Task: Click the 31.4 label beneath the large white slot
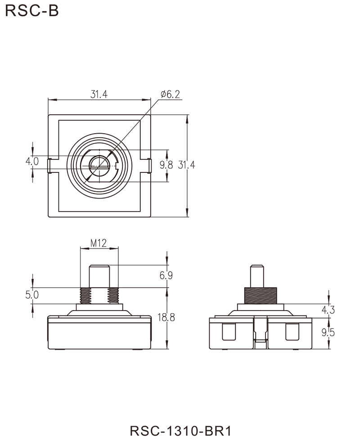99,95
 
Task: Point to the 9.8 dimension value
166,165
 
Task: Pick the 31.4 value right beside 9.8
186,166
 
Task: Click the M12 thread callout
99,244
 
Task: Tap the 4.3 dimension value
328,310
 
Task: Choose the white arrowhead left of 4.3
320,310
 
